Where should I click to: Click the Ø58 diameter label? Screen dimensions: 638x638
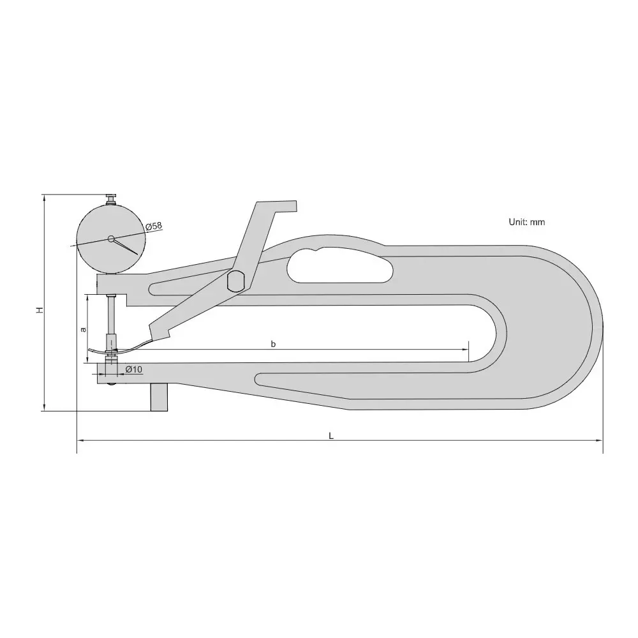(154, 226)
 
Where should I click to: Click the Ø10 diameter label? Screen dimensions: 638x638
(133, 370)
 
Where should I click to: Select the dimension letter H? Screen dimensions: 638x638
(39, 309)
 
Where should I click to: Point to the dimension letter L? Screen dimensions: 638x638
(331, 435)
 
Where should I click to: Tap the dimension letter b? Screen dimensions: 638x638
(273, 345)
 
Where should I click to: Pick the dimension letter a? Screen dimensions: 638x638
(82, 330)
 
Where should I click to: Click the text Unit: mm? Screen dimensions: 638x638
(526, 222)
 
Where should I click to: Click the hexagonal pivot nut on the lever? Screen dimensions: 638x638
(235, 281)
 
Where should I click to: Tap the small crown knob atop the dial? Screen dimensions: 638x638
(111, 198)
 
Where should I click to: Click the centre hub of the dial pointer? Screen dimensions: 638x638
(111, 239)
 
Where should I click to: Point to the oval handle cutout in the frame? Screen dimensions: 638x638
(338, 265)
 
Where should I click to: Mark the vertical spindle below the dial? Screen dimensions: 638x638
(112, 316)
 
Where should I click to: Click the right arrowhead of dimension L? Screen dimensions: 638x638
(600, 440)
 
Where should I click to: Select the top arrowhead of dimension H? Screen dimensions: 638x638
(43, 197)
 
